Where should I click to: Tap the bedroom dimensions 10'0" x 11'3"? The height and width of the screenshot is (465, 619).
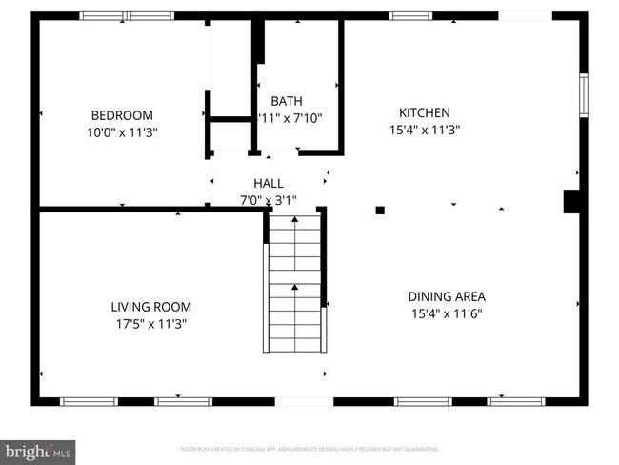(x=121, y=132)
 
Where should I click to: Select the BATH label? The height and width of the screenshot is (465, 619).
(x=287, y=101)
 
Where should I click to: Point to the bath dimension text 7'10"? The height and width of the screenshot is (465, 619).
(x=305, y=118)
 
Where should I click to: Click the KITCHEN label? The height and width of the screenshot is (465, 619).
(x=424, y=112)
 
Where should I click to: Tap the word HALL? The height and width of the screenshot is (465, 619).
(x=268, y=183)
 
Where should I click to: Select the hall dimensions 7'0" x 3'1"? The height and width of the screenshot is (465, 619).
(x=268, y=200)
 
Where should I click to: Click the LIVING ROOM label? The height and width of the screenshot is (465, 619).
(x=150, y=307)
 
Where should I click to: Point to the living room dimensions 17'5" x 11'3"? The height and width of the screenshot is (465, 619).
(x=150, y=324)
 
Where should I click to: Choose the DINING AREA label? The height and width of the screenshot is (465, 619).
(x=447, y=296)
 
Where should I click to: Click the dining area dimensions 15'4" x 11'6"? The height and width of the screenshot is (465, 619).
(x=447, y=313)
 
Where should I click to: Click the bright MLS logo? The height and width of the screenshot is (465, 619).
(x=38, y=449)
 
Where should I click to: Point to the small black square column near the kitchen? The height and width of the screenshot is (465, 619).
(x=379, y=210)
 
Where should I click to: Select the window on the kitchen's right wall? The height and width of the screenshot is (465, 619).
(x=584, y=95)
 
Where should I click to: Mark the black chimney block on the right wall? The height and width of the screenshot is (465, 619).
(x=573, y=202)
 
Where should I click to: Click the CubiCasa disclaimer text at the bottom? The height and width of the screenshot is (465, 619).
(x=309, y=448)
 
